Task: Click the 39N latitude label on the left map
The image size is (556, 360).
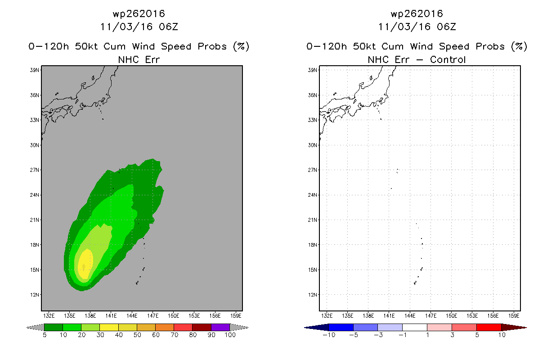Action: pos(35,70)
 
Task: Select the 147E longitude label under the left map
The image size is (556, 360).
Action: pos(152,316)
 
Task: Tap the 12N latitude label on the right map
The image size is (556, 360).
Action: pos(313,295)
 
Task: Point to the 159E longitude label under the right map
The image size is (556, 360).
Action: pos(514,316)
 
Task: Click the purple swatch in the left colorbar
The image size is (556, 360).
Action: pos(220,327)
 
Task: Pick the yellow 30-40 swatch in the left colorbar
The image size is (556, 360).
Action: pos(109,327)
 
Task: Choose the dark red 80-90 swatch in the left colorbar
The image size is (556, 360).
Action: pos(202,327)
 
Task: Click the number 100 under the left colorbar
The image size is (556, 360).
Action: pos(230,335)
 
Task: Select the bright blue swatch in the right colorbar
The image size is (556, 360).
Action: pos(341,327)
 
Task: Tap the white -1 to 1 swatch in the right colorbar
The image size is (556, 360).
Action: pos(415,327)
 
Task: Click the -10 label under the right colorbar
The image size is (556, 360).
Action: pos(329,335)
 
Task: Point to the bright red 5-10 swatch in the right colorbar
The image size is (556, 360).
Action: pos(489,327)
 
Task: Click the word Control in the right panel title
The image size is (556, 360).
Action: pos(448,60)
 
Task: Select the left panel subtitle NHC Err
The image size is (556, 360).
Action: pos(139,60)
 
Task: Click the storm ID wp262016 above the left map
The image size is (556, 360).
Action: pos(139,13)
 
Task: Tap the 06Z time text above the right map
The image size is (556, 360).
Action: pos(446,27)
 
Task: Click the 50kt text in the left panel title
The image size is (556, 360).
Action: pos(86,46)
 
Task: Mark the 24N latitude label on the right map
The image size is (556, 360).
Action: pos(313,195)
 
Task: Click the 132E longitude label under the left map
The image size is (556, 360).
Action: pos(49,316)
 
